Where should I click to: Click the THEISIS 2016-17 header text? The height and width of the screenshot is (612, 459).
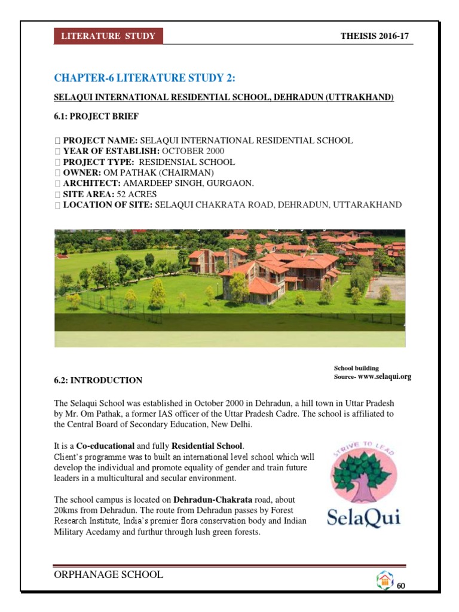click(374, 36)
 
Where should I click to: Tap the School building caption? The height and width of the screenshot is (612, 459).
click(356, 368)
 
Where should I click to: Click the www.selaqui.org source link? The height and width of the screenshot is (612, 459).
click(384, 377)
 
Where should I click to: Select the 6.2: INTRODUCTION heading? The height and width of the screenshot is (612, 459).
click(98, 380)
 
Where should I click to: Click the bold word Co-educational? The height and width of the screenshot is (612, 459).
click(106, 446)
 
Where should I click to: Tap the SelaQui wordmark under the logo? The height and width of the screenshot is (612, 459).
click(364, 516)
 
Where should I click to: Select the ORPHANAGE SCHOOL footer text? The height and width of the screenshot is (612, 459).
click(108, 575)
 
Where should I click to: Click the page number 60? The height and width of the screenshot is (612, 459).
click(401, 586)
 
